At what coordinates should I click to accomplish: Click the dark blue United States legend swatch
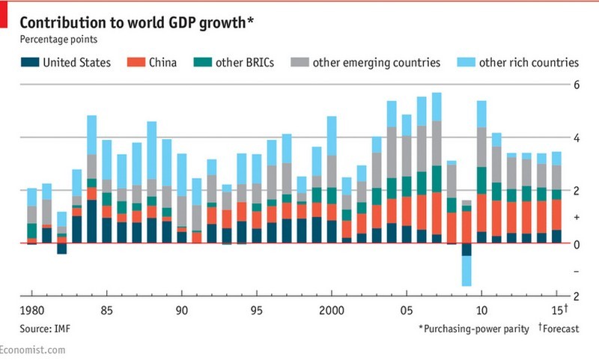pyautogui.click(x=28, y=62)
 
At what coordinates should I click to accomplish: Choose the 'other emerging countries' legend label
pyautogui.click(x=376, y=62)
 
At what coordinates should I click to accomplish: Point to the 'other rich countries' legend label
pyautogui.click(x=529, y=62)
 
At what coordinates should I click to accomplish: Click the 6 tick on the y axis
pyautogui.click(x=577, y=85)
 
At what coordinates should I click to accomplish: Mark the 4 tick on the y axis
pyautogui.click(x=577, y=138)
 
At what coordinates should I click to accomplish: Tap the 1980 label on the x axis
pyautogui.click(x=31, y=309)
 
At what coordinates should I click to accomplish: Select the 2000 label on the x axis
pyautogui.click(x=331, y=309)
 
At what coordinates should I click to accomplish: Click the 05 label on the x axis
pyautogui.click(x=407, y=309)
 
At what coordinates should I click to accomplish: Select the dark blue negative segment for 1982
pyautogui.click(x=61, y=248)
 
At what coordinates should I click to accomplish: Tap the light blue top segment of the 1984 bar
pyautogui.click(x=91, y=135)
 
